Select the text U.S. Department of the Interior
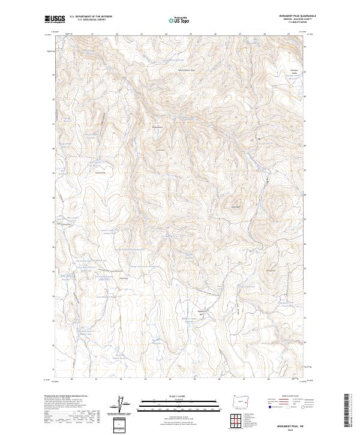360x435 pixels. click(91, 16)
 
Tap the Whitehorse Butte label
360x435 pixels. click(202, 312)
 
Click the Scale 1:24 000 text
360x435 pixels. click(179, 395)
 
